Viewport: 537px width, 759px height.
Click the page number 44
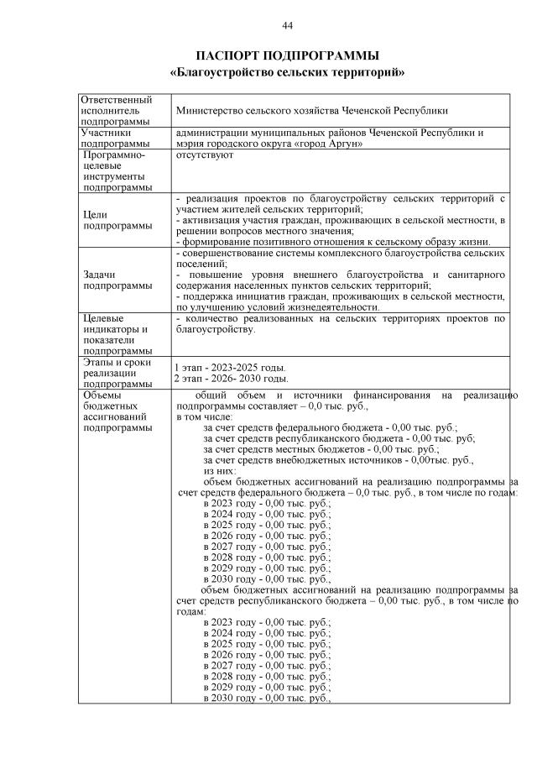[x=287, y=26]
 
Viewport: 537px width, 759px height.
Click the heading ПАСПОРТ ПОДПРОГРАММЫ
[x=287, y=55]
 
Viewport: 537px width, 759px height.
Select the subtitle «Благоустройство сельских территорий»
[x=287, y=72]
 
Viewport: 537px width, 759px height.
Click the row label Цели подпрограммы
[x=106, y=220]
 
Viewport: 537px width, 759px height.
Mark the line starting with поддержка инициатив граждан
[x=339, y=296]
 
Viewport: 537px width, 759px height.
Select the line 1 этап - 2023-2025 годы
[x=230, y=368]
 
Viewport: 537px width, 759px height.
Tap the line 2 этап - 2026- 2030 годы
[x=231, y=379]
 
